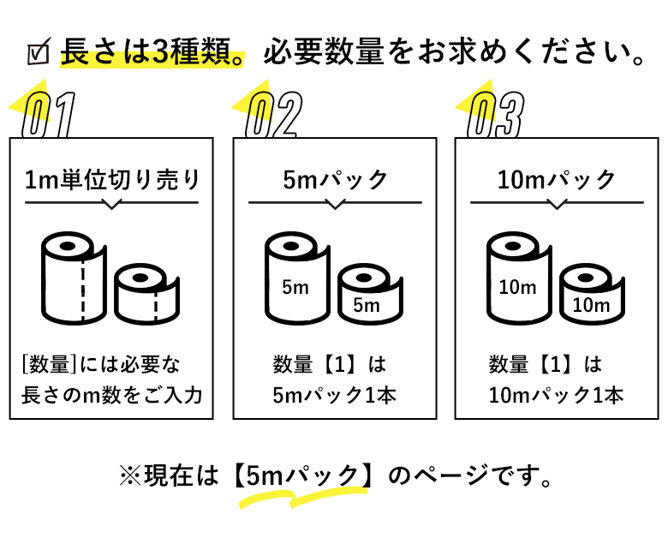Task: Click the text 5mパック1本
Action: (335, 396)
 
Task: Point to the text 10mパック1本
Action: (558, 396)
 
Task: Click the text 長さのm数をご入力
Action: (111, 396)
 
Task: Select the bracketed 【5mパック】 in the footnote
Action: (305, 475)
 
